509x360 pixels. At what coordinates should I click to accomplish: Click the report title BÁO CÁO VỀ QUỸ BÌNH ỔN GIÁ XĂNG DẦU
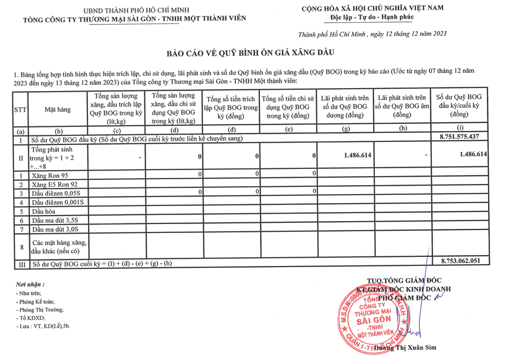tap(254, 53)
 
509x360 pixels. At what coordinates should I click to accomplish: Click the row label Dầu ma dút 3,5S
tap(55, 220)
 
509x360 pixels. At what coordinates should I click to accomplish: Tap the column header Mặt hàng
tap(57, 110)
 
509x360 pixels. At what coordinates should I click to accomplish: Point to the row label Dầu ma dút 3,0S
tap(55, 229)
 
